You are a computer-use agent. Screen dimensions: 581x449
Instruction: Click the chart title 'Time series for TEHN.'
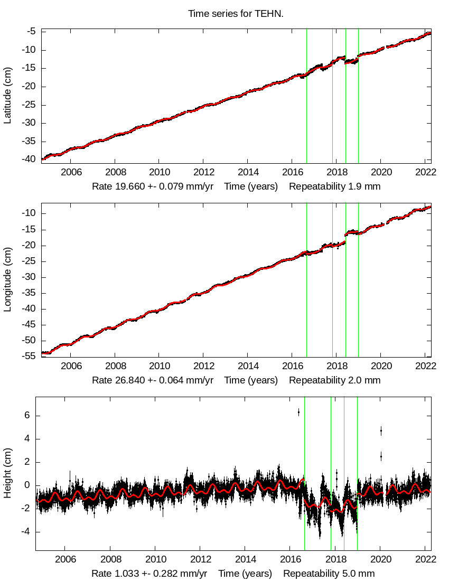coord(236,14)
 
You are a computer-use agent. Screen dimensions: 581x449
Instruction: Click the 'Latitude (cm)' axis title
coord(8,96)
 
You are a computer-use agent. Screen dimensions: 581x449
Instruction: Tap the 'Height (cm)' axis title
coord(8,474)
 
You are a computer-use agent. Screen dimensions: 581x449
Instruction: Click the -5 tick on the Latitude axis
coord(31,32)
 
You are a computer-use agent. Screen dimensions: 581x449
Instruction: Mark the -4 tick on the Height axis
coord(27,532)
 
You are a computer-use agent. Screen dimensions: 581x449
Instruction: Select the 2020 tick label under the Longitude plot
coord(381,366)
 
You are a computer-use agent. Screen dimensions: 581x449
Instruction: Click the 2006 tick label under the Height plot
coord(65,559)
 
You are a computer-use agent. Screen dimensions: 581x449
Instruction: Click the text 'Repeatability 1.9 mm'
coord(334,186)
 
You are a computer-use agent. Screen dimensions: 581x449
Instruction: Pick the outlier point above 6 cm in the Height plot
coord(298,412)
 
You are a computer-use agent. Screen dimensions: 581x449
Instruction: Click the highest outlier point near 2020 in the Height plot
coord(381,431)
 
